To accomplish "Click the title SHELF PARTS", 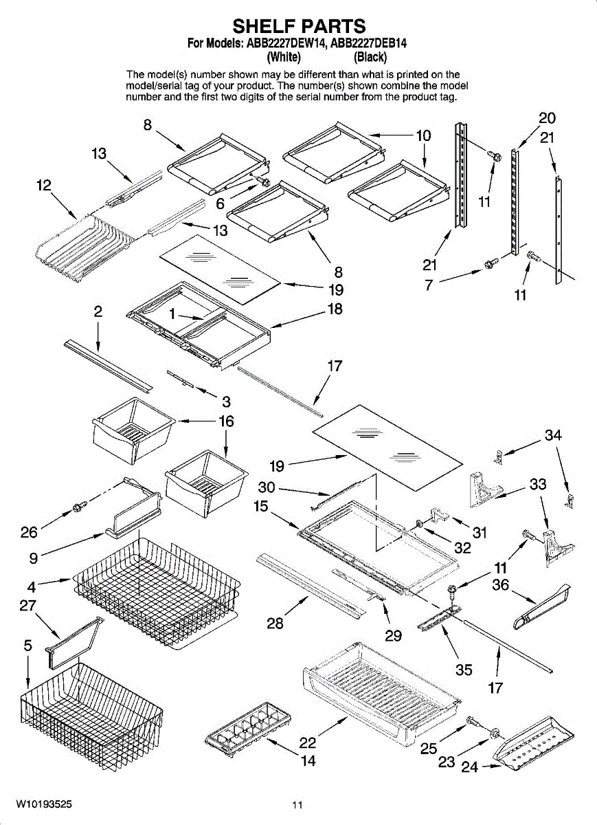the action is [x=299, y=26].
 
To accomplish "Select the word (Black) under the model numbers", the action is [x=370, y=57].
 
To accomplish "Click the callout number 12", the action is [x=44, y=185].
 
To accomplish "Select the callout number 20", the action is [x=548, y=118].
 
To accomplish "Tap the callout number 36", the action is [x=500, y=584].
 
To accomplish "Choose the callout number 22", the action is [x=307, y=742].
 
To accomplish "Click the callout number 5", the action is [x=28, y=646].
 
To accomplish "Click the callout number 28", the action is [x=275, y=623].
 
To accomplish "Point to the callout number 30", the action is [x=267, y=487].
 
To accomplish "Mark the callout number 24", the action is [x=470, y=767].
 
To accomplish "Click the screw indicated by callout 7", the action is [x=491, y=263].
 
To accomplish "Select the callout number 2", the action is [x=98, y=311].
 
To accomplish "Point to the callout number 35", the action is [x=464, y=670].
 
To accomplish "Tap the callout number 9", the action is [x=34, y=558].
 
